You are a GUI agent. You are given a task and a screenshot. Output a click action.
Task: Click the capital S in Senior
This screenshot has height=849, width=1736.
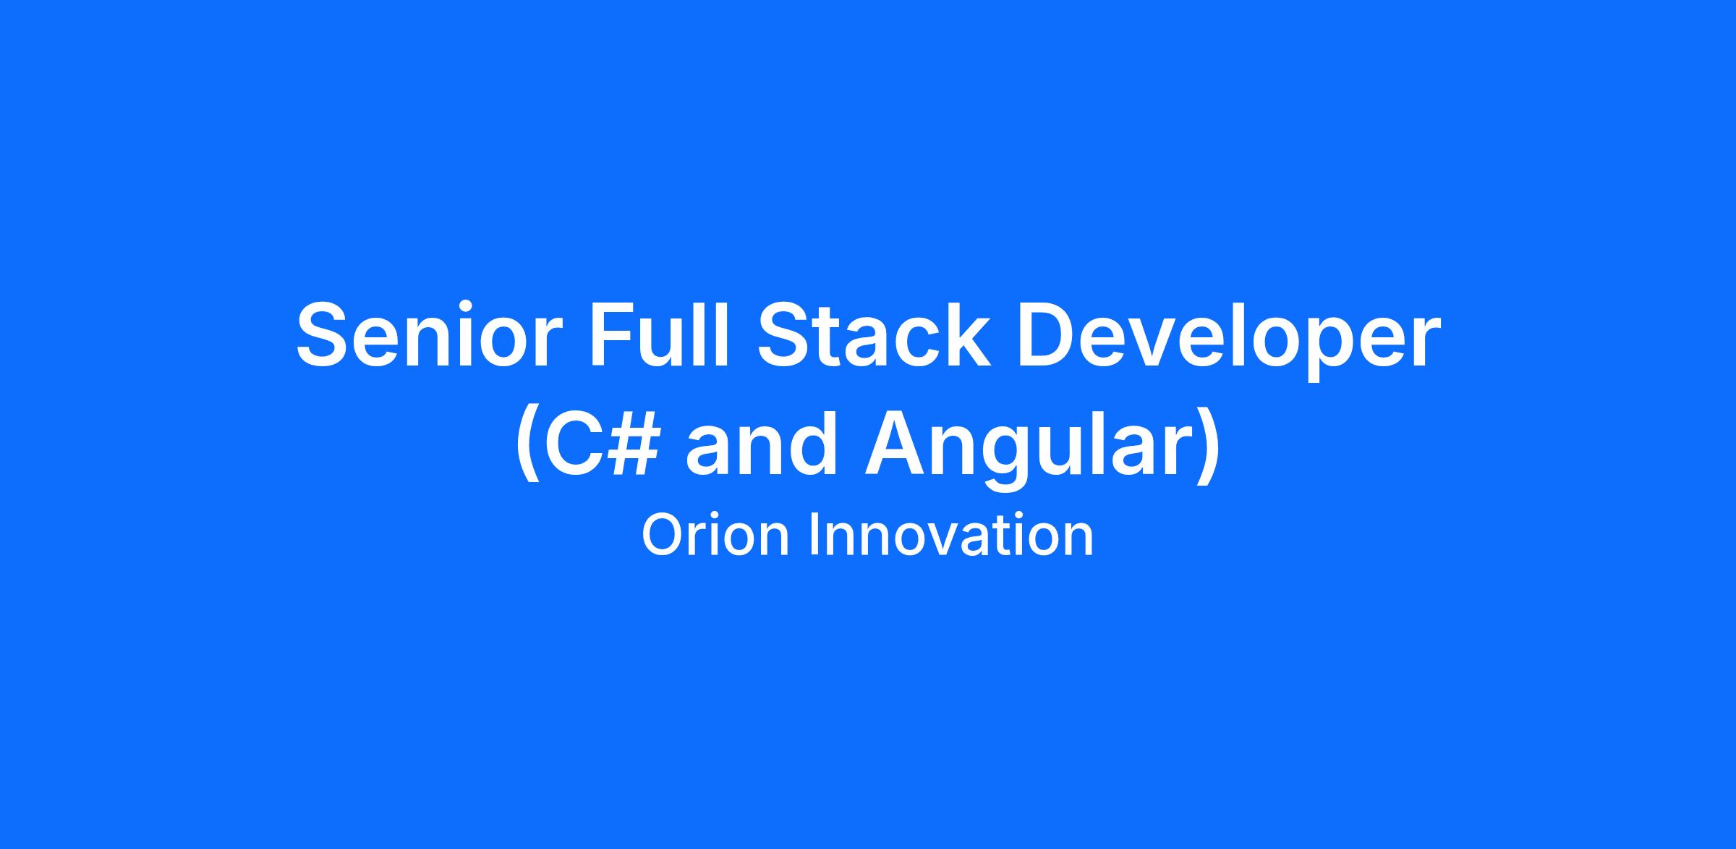pos(325,335)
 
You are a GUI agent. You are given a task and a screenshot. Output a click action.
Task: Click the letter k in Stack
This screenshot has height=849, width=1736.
pos(968,334)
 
